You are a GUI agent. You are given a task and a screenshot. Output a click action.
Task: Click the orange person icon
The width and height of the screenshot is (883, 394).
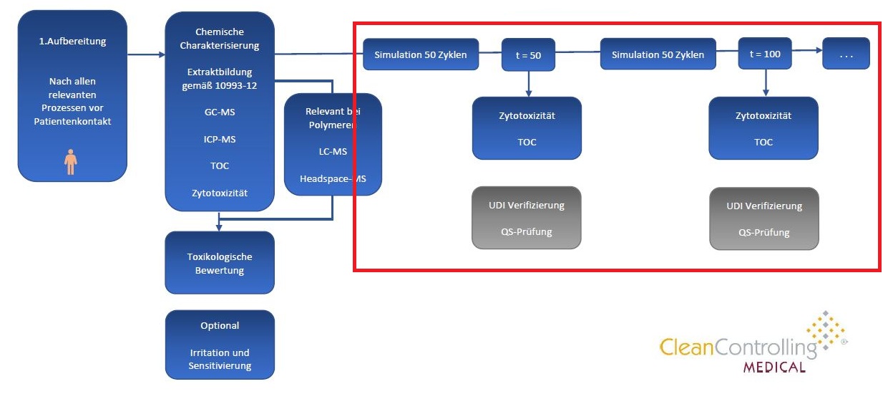[x=71, y=161]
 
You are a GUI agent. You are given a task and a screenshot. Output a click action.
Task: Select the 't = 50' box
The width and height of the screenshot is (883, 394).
[x=528, y=55]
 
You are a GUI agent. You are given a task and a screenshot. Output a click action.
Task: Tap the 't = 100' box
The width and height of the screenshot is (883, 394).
[x=764, y=54]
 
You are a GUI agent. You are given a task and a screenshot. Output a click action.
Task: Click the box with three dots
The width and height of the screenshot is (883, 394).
[x=846, y=54]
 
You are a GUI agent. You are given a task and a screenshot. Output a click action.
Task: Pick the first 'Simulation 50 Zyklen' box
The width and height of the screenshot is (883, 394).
[x=421, y=55]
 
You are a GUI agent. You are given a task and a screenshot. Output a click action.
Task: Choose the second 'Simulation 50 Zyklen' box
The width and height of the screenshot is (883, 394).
[x=657, y=54]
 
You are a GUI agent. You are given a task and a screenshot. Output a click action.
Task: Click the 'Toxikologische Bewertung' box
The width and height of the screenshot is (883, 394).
[x=220, y=263]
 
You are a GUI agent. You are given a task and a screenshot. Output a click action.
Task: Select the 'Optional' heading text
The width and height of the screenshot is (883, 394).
[x=220, y=325]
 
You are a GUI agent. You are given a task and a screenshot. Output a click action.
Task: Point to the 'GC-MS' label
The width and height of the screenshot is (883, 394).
[x=220, y=112]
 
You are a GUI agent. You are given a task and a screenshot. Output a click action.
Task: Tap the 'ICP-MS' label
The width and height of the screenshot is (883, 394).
[x=220, y=139]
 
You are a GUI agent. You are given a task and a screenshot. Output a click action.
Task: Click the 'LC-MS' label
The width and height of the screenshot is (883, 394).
[x=333, y=152]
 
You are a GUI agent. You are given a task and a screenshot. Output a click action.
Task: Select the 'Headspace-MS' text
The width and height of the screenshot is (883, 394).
[x=333, y=179]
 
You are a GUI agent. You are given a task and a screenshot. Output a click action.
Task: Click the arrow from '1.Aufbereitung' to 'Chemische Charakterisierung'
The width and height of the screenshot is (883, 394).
[x=146, y=54]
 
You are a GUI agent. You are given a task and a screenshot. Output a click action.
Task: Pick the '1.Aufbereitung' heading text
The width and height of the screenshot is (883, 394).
[x=72, y=41]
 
